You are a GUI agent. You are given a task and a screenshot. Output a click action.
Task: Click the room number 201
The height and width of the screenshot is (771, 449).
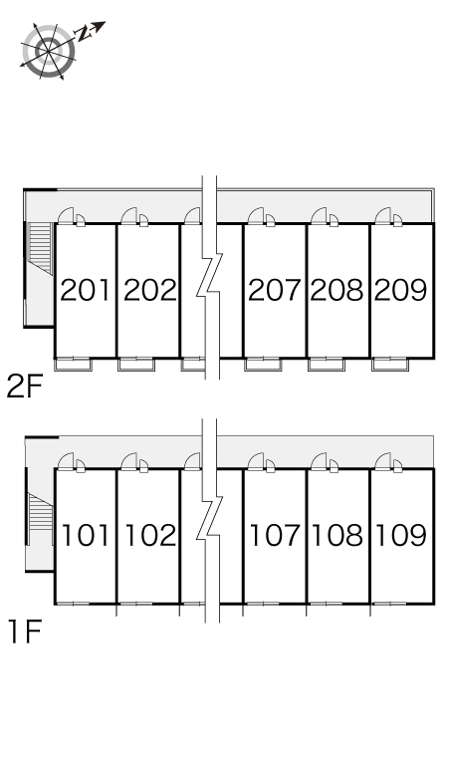(86, 290)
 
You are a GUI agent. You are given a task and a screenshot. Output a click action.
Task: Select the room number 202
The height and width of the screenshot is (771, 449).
(149, 290)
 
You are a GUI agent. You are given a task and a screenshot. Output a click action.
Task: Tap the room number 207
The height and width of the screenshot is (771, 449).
(274, 290)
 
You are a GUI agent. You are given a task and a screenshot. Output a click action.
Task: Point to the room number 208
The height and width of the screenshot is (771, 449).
(337, 290)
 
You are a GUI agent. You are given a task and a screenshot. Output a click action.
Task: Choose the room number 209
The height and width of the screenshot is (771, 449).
(400, 290)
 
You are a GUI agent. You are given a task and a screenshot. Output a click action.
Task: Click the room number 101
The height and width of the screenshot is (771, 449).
(86, 535)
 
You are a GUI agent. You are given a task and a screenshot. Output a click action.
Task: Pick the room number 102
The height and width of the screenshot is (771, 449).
(150, 535)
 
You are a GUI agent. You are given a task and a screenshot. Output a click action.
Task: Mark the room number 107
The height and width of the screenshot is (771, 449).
(275, 535)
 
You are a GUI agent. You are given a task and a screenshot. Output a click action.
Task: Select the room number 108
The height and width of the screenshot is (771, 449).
(337, 535)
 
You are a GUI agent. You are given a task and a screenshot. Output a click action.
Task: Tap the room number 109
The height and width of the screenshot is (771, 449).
(401, 535)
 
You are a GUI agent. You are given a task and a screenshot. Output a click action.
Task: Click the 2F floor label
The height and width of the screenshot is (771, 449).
(25, 386)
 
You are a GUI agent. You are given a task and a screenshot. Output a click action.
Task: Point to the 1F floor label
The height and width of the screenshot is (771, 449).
(25, 632)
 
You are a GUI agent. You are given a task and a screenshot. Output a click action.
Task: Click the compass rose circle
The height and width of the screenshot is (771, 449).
(49, 51)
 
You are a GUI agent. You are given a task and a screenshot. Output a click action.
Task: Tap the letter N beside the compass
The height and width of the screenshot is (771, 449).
(84, 34)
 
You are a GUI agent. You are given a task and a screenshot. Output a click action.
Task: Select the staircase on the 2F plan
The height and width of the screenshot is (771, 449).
(40, 248)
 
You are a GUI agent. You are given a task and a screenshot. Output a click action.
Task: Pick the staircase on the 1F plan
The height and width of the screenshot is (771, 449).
(40, 519)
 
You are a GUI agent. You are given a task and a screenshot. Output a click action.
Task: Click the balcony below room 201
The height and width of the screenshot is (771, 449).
(74, 365)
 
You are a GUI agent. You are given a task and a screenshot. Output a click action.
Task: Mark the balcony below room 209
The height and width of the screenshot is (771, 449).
(390, 365)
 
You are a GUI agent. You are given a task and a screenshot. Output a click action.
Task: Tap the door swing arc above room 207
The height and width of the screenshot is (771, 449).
(256, 215)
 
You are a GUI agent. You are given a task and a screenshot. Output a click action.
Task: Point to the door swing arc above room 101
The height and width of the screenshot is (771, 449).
(66, 460)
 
